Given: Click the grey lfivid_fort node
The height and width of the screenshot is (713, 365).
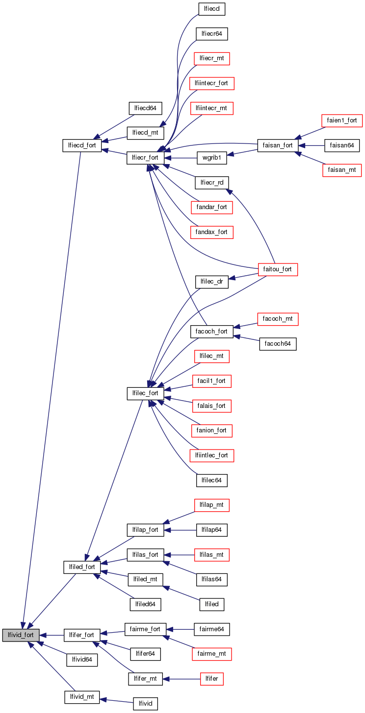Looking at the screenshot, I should tap(21, 635).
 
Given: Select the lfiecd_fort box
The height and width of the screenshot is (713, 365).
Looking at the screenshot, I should tap(82, 145).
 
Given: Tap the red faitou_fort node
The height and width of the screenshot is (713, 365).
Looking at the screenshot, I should tap(278, 269).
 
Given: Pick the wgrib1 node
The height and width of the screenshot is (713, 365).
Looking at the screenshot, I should tap(211, 158).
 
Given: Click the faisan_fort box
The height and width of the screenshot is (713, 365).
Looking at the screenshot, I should tap(278, 145).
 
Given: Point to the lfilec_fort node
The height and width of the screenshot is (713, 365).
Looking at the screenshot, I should tap(146, 393).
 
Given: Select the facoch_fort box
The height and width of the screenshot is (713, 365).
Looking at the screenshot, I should tap(211, 331).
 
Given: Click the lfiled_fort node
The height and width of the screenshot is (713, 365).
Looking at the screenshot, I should tap(82, 567).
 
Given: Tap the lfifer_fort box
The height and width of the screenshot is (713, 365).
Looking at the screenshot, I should tap(82, 635).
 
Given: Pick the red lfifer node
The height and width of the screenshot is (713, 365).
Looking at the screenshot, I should tap(212, 679).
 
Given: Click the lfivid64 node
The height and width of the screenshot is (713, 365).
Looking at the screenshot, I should tap(82, 660).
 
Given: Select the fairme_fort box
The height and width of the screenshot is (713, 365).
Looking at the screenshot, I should tap(145, 629).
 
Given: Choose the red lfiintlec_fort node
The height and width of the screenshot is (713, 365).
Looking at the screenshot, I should tap(211, 455).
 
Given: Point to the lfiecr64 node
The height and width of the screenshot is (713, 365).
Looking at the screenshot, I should tap(212, 34).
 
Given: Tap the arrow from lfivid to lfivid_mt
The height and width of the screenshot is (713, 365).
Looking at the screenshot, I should tap(116, 700).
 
